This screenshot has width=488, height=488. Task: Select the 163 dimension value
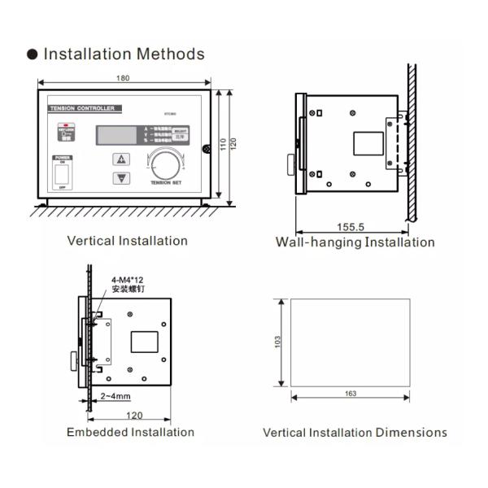pos(351,394)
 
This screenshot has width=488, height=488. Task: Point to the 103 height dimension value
pos(278,343)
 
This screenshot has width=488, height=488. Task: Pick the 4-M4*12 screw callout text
pos(128,279)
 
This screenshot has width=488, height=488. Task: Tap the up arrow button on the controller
pos(122,159)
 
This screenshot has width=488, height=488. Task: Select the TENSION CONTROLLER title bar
pos(85,107)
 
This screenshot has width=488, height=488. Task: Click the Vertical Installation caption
pos(127,241)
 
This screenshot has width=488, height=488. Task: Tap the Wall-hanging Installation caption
pos(355,242)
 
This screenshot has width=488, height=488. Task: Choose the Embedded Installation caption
pos(130,432)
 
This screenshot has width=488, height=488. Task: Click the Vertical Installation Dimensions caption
pos(355,433)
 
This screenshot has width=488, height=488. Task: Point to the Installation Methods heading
pos(124,54)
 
